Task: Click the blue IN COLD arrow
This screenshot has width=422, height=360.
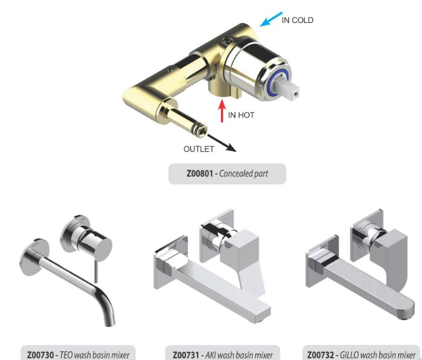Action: [x=270, y=19]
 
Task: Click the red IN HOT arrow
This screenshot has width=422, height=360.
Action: [x=222, y=111]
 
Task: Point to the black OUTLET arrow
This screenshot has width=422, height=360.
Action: [x=222, y=143]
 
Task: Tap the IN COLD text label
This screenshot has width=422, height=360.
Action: [x=298, y=20]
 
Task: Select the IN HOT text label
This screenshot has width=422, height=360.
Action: [x=241, y=115]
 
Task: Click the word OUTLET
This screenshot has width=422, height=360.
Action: [x=199, y=149]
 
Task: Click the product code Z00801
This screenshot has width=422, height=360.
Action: [x=200, y=173]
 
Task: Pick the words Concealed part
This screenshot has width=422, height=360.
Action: [x=243, y=174]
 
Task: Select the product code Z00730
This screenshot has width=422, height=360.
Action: [x=40, y=355]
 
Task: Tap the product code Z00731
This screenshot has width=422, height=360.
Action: [x=186, y=355]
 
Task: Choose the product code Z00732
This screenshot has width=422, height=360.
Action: [x=321, y=355]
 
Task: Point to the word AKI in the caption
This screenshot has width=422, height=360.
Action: [x=211, y=355]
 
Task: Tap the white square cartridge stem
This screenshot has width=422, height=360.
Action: [x=289, y=88]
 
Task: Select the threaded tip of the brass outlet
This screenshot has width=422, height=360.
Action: [x=202, y=130]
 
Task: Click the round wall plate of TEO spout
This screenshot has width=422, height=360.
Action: [x=34, y=257]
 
